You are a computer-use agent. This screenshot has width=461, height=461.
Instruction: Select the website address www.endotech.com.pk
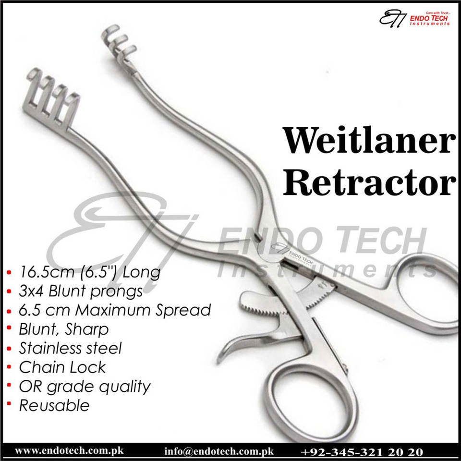pyautogui.click(x=70, y=451)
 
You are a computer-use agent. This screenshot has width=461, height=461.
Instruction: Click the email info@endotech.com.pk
pyautogui.click(x=218, y=451)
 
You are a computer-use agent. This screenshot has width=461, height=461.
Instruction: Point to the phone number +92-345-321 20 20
pyautogui.click(x=363, y=451)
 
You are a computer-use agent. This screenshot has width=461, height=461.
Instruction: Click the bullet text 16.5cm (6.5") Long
pyautogui.click(x=89, y=273)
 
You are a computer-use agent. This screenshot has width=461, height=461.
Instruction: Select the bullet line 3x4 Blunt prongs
pyautogui.click(x=81, y=291)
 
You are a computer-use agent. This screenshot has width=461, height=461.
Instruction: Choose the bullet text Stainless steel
pyautogui.click(x=70, y=348)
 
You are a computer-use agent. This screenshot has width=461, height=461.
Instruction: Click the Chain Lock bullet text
pyautogui.click(x=62, y=367)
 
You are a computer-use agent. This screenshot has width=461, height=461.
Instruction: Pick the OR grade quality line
pyautogui.click(x=85, y=387)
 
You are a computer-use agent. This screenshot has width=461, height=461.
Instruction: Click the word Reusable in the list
pyautogui.click(x=54, y=405)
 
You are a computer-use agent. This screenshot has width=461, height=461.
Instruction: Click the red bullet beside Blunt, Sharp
pyautogui.click(x=10, y=329)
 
